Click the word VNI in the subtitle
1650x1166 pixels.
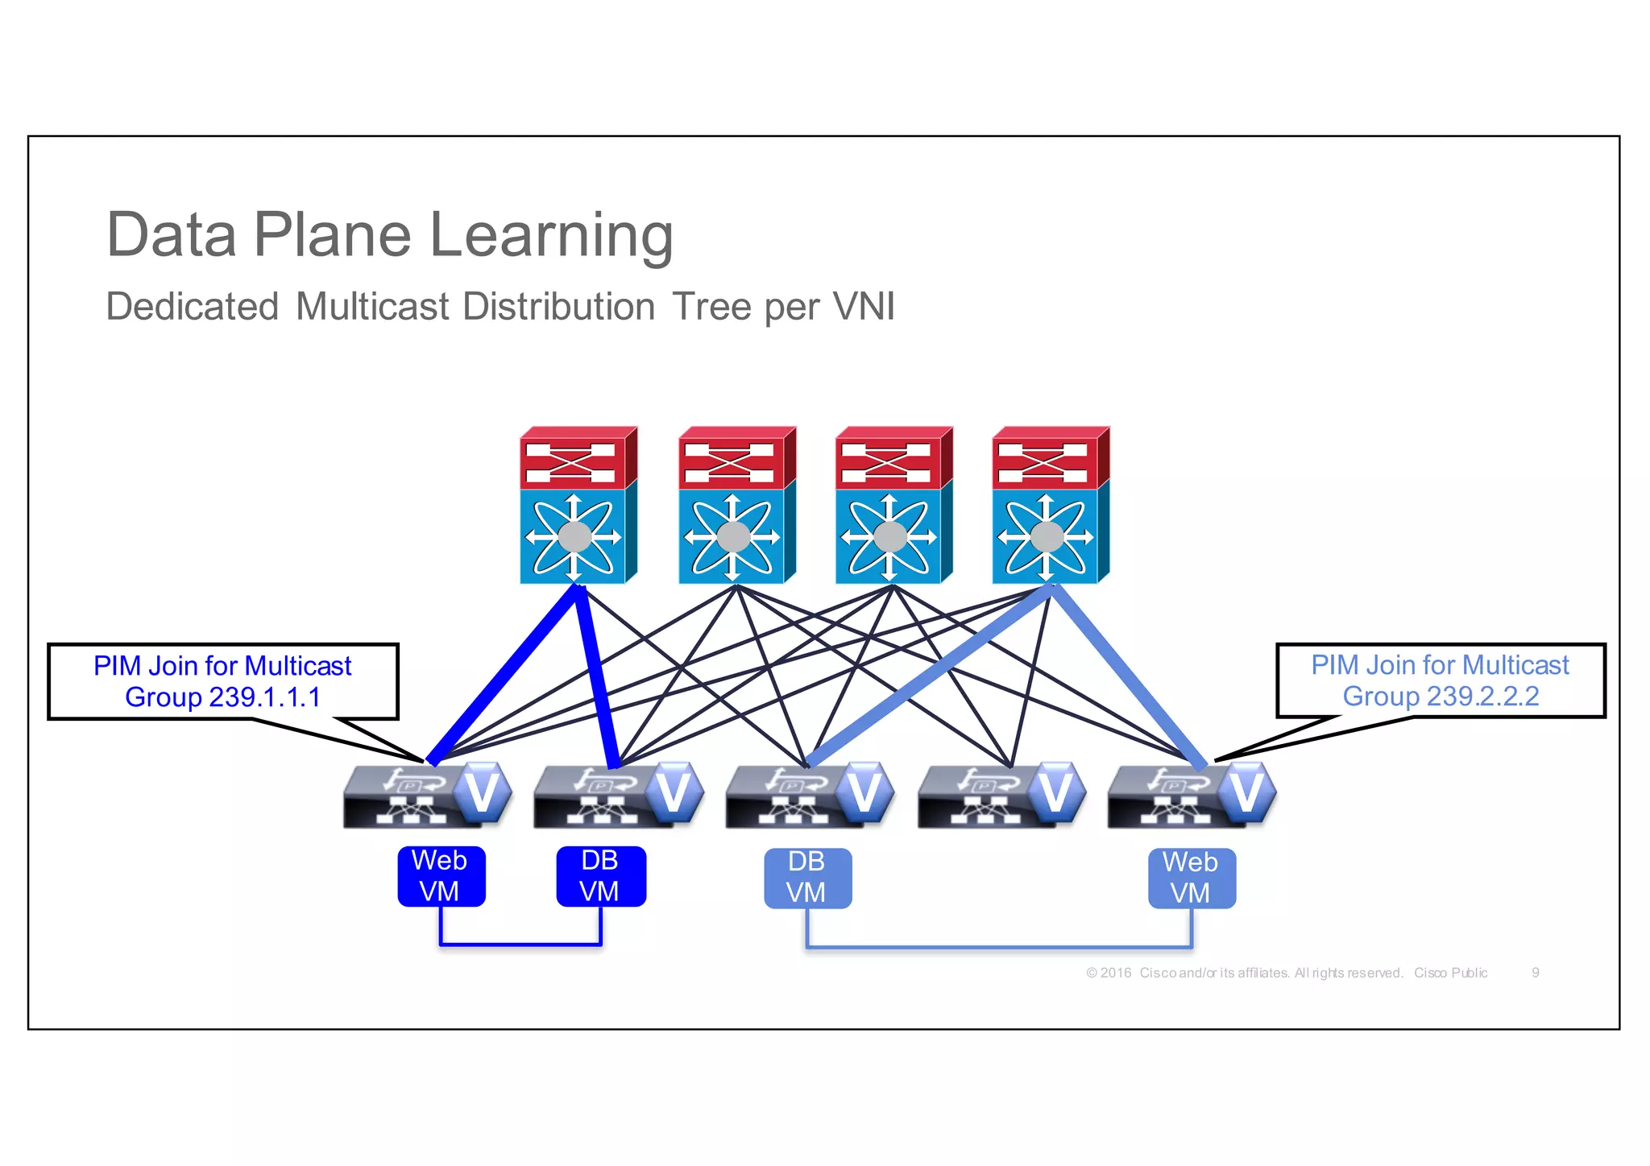[x=864, y=307]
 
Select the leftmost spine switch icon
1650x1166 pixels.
[x=577, y=506]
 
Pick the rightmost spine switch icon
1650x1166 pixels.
[x=1050, y=506]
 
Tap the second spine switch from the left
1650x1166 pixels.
[x=736, y=506]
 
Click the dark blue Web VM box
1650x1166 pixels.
[x=441, y=876]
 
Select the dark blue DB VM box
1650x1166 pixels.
[x=600, y=876]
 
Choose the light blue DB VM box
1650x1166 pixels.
[x=807, y=878]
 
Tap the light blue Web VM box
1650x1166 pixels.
[x=1191, y=878]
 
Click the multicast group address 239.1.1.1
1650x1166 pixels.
[x=263, y=697]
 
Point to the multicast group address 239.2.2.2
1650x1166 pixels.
[x=1482, y=696]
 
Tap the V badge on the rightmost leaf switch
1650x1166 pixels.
[x=1246, y=792]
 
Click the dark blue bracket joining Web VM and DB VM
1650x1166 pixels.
[x=520, y=944]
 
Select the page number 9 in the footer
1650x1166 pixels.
[x=1535, y=973]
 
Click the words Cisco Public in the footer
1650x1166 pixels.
[x=1450, y=973]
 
